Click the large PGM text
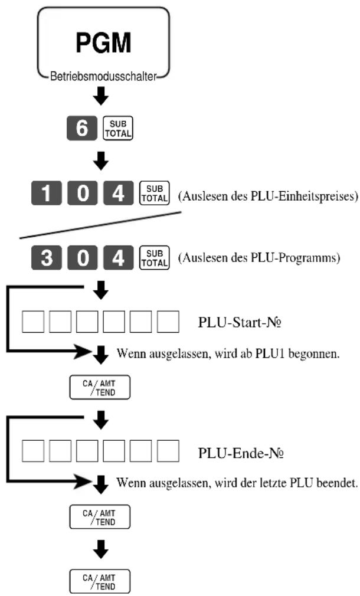(103, 42)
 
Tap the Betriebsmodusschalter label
(103, 76)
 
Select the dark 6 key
(81, 128)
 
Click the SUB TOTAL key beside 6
(118, 128)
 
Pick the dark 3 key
(46, 258)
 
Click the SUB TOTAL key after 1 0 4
(155, 193)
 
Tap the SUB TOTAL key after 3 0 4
(155, 258)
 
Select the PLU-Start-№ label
(240, 322)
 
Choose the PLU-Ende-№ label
(241, 453)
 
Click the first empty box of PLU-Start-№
(32, 322)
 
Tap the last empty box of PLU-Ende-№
(168, 451)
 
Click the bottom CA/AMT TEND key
(100, 582)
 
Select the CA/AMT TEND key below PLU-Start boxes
(100, 387)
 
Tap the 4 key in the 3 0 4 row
(118, 258)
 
